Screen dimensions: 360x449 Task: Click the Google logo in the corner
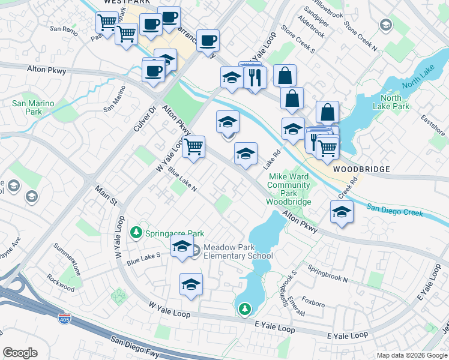(x=20, y=353)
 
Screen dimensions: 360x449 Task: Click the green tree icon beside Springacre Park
(x=137, y=232)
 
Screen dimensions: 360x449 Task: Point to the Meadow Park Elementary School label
(x=238, y=251)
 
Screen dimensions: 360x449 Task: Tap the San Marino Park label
(x=34, y=107)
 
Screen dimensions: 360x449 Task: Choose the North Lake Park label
(x=394, y=102)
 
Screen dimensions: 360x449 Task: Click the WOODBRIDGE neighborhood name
(x=358, y=170)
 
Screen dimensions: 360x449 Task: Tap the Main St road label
(x=106, y=194)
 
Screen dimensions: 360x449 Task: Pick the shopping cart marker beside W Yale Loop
(x=193, y=146)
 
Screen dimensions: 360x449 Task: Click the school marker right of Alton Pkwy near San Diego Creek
(x=342, y=212)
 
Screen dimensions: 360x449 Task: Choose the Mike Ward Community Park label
(x=289, y=189)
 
